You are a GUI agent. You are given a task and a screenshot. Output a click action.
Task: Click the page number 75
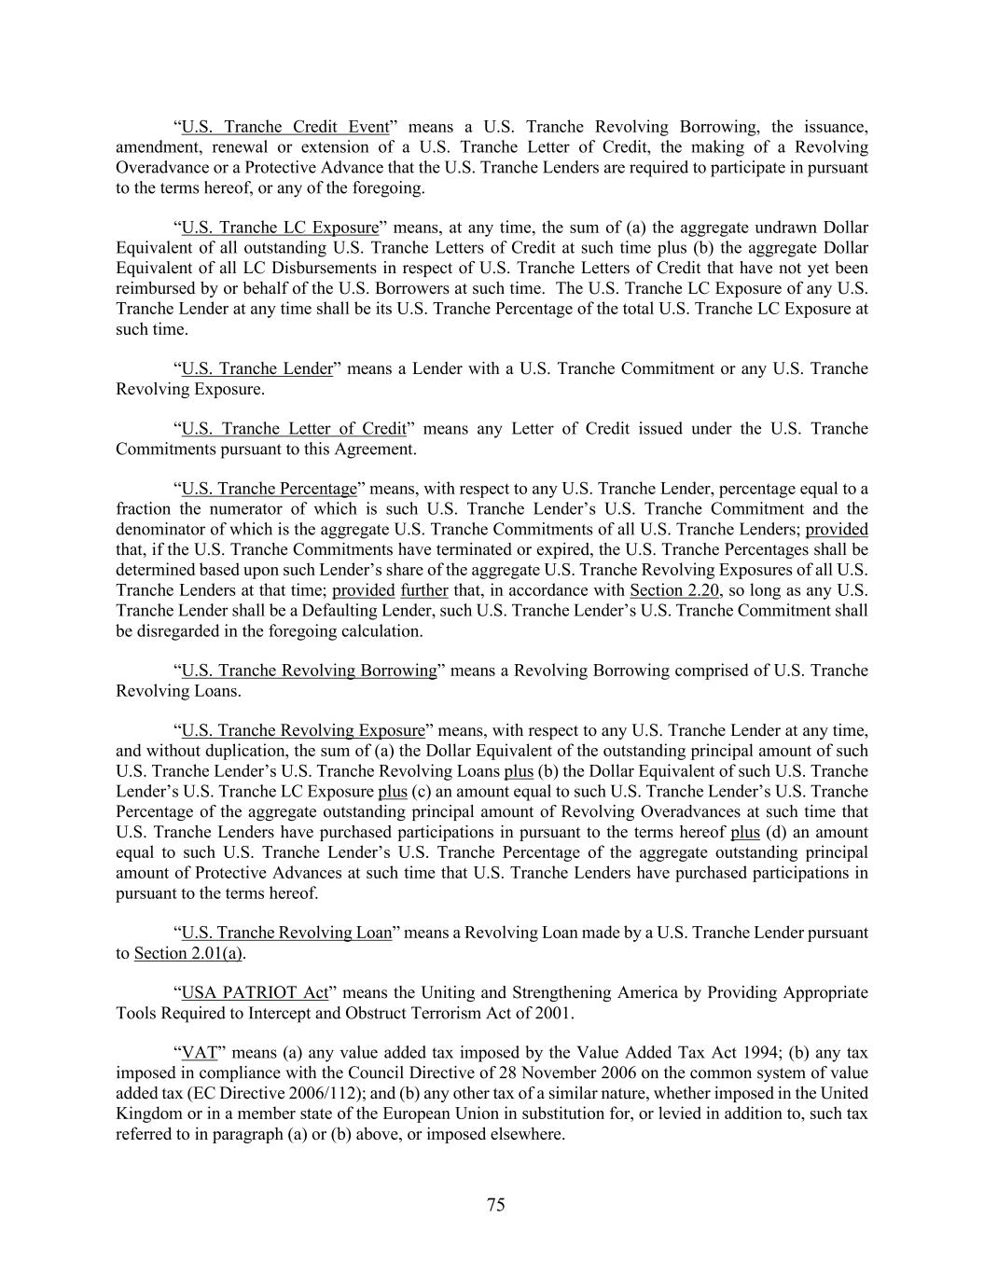(x=495, y=1205)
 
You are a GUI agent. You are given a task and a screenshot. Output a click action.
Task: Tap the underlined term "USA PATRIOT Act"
(x=240, y=992)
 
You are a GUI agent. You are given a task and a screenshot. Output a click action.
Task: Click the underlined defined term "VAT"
(x=199, y=1053)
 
